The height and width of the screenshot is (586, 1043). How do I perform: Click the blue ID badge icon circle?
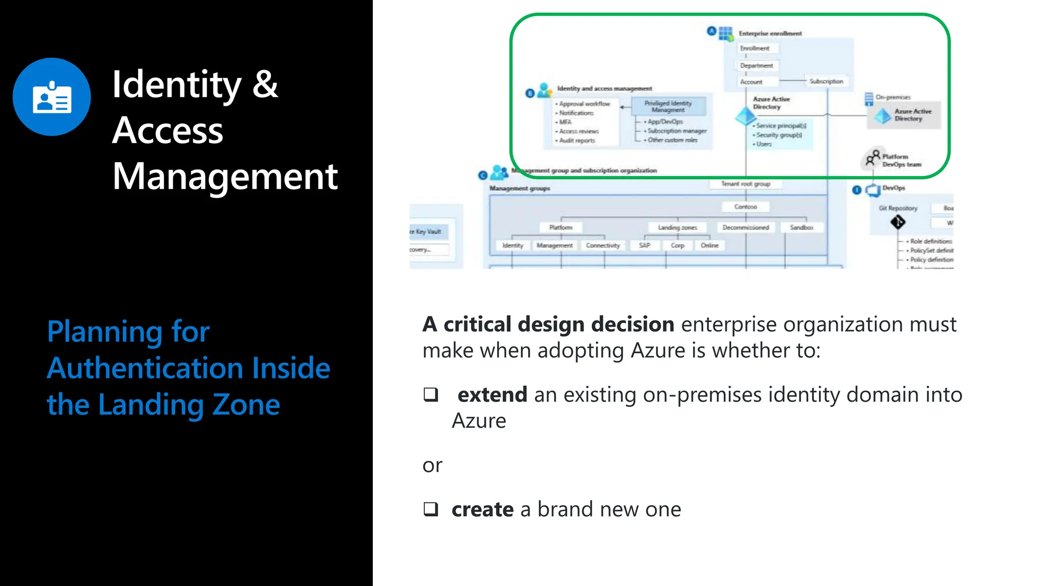(x=52, y=97)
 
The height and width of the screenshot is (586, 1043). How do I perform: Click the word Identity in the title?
(x=176, y=84)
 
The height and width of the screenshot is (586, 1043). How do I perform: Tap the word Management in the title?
(x=225, y=177)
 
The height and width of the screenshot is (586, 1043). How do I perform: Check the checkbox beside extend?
(x=431, y=395)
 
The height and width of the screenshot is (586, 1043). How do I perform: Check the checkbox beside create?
(x=431, y=509)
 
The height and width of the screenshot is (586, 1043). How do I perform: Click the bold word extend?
(x=492, y=395)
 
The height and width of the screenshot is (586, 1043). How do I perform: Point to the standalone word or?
(x=432, y=465)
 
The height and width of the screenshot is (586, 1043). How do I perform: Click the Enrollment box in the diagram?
(x=755, y=48)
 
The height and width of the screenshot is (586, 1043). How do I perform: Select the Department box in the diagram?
(x=756, y=66)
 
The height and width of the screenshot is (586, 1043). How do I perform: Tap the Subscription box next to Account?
(x=826, y=81)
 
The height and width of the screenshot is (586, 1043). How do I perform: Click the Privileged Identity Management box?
(x=668, y=106)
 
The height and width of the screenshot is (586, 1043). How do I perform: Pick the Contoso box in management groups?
(x=746, y=207)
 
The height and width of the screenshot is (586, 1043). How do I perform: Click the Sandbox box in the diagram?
(x=801, y=227)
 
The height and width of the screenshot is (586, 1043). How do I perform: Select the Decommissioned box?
(x=746, y=227)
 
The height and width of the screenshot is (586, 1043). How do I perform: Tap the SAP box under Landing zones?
(x=645, y=245)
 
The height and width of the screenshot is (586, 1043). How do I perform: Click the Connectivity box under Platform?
(x=603, y=245)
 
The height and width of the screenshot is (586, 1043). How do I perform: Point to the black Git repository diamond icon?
(x=897, y=222)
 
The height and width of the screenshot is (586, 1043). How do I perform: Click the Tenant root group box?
(x=746, y=184)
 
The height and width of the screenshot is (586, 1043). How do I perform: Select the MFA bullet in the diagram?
(x=565, y=122)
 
